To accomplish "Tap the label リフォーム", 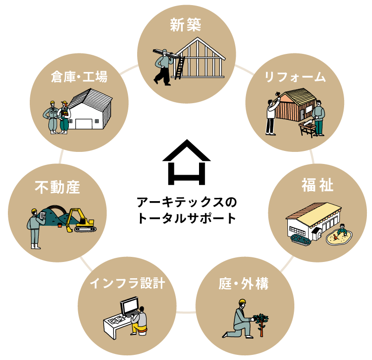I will coord(295,77).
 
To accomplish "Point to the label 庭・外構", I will coord(244,284).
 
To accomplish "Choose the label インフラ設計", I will coord(127,283).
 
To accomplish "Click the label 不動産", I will coord(58,188).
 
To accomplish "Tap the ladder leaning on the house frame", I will coord(179,68).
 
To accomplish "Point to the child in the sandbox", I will coord(342,231).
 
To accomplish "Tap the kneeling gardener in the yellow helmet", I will coord(239,319).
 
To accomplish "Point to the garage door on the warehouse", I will coord(84,124).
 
